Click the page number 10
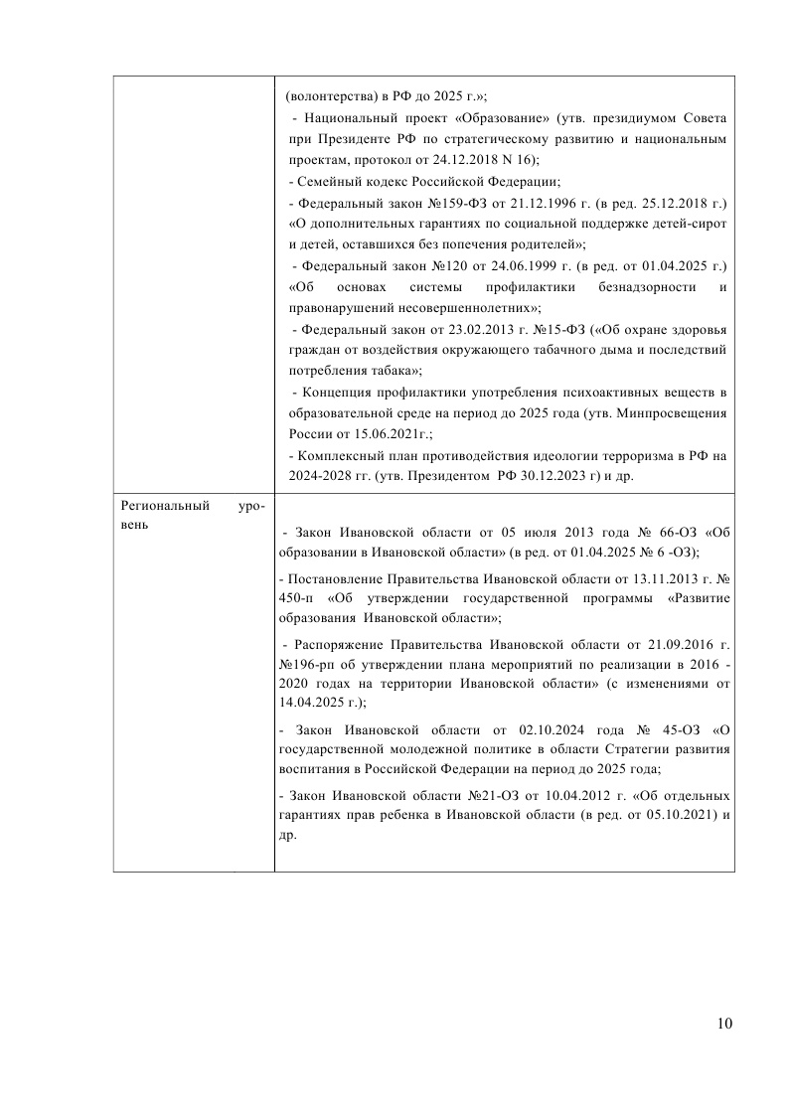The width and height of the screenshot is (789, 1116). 723,1025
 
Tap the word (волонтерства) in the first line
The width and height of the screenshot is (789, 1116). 329,97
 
